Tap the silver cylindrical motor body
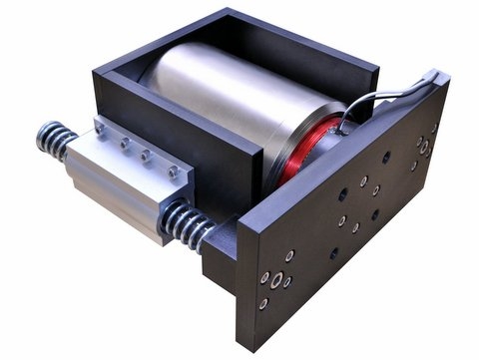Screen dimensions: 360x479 click(220, 110)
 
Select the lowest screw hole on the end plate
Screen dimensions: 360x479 click(263, 301)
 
